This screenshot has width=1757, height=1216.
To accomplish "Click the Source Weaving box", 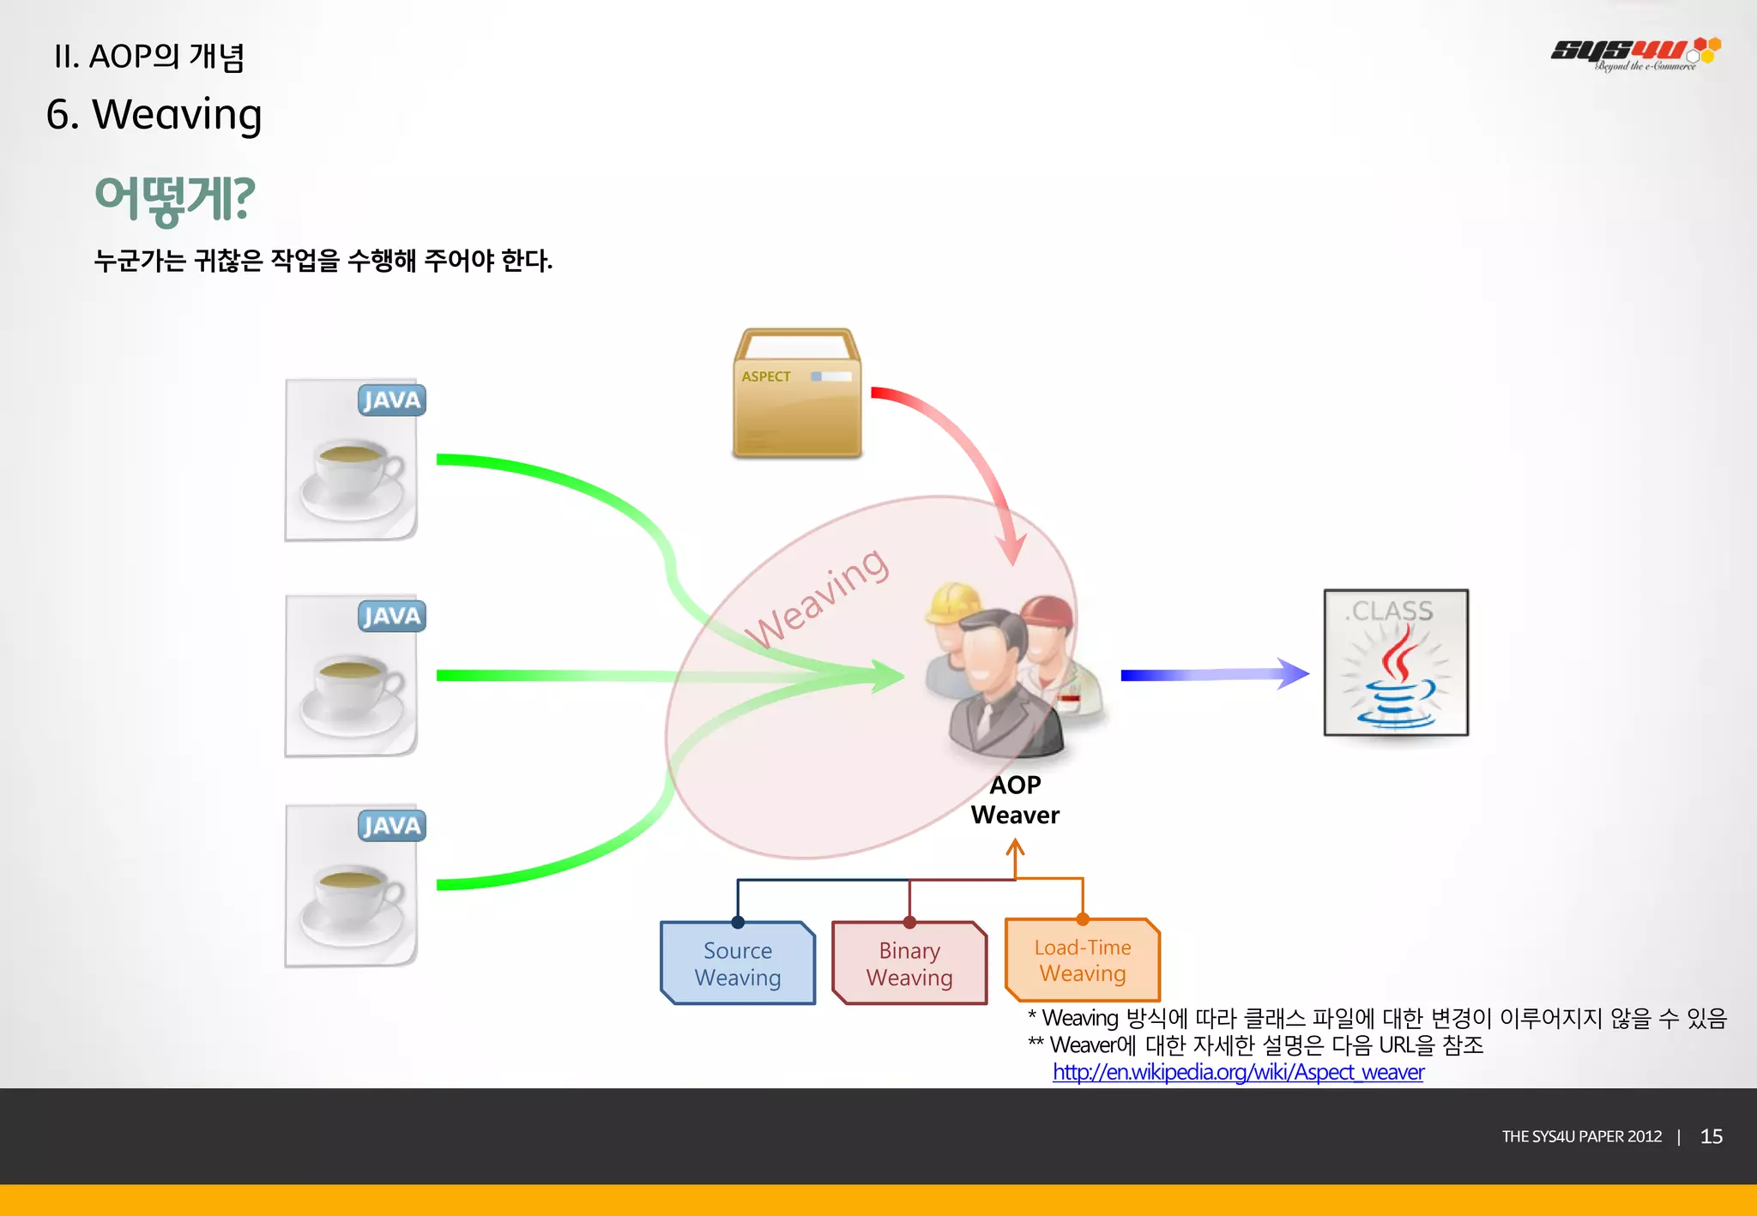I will coord(738,963).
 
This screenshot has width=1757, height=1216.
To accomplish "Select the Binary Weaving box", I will coord(909,963).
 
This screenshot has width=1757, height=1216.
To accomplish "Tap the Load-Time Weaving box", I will coord(1083,960).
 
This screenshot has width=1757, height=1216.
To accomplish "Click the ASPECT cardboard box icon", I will coord(797,394).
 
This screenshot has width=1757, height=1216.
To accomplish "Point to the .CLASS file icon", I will coord(1396,662).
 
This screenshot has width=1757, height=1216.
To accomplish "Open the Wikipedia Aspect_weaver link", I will coord(1238,1072).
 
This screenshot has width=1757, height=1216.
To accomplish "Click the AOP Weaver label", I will coord(1015,800).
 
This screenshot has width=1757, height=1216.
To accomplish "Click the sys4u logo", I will coord(1634,53).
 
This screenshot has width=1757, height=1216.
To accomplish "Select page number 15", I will coord(1711,1136).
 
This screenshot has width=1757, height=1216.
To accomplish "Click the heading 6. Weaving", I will coord(154,114).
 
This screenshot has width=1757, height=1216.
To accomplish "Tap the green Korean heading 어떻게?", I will coord(174,199).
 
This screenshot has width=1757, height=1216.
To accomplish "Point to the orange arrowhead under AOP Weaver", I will coord(1015,847).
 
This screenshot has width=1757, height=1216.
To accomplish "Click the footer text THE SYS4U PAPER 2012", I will coord(1581,1136).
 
